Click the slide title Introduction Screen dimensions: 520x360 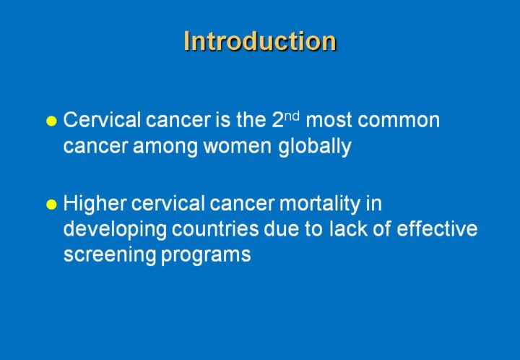[x=260, y=41]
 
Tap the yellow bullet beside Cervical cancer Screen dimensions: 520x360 [x=51, y=121]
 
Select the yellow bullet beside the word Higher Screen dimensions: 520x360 [x=51, y=205]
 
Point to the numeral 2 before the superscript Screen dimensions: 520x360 [x=277, y=120]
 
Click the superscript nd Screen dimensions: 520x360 [x=292, y=116]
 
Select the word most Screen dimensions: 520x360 [x=329, y=121]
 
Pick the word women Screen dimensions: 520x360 [x=238, y=147]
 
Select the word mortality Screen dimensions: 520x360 [x=319, y=205]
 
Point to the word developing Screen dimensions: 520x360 [x=115, y=230]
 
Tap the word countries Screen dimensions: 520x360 [x=215, y=229]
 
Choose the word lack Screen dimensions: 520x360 [x=348, y=228]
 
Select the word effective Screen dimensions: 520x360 [x=437, y=228]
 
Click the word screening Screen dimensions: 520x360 [x=110, y=255]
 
